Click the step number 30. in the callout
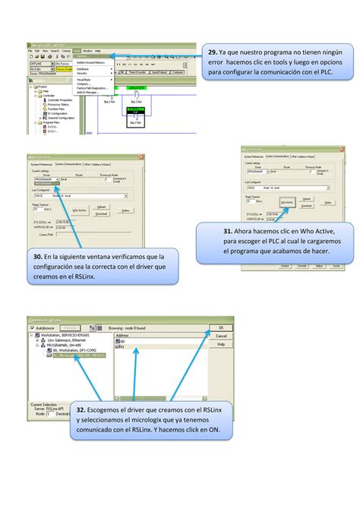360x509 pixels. click(37, 257)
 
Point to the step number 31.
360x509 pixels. click(228, 232)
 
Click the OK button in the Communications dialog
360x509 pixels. click(221, 327)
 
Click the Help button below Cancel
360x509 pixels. click(221, 344)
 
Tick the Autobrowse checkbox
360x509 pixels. click(32, 327)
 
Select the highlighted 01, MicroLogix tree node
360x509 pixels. click(71, 355)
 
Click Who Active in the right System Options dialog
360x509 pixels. click(286, 202)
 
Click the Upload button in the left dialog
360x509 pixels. click(102, 207)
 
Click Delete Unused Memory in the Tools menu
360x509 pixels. click(90, 62)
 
